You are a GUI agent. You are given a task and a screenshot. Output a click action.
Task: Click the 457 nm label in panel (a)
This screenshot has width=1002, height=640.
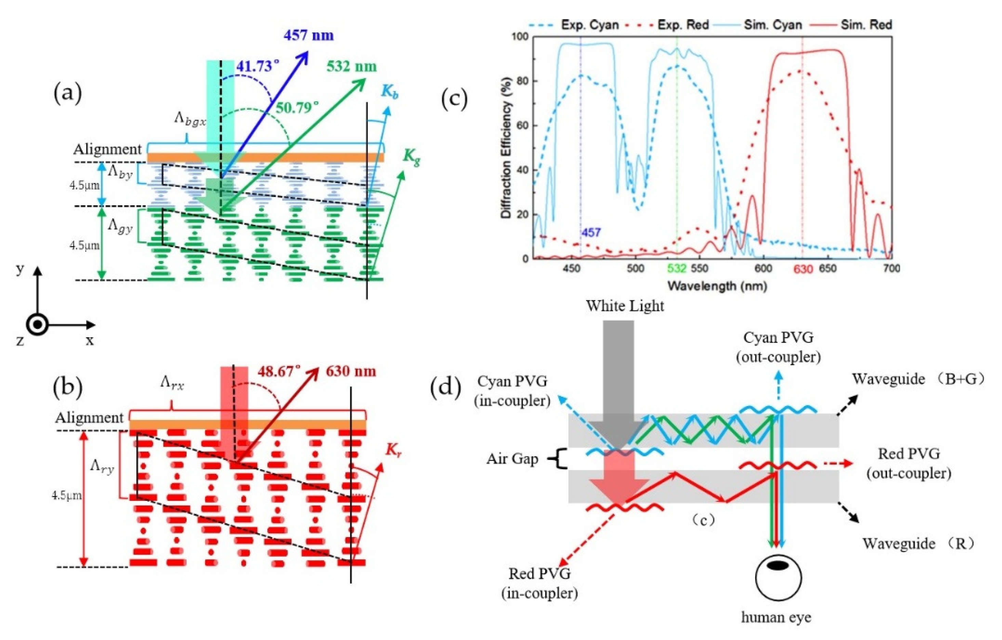[x=308, y=35]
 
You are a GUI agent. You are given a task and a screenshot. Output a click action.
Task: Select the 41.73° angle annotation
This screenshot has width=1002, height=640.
[x=258, y=66]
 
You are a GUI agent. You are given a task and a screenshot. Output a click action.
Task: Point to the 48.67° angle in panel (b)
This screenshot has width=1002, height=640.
[x=279, y=371]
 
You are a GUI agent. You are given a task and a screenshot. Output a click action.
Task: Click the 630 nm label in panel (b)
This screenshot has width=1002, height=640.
[x=351, y=371]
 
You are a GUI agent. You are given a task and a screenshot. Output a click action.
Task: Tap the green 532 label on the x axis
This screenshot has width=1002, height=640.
[x=676, y=269]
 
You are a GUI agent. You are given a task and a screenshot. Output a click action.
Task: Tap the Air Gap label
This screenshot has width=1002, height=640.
[x=512, y=459]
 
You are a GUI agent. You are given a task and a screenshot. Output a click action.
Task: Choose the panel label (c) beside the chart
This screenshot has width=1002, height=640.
[x=454, y=99]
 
